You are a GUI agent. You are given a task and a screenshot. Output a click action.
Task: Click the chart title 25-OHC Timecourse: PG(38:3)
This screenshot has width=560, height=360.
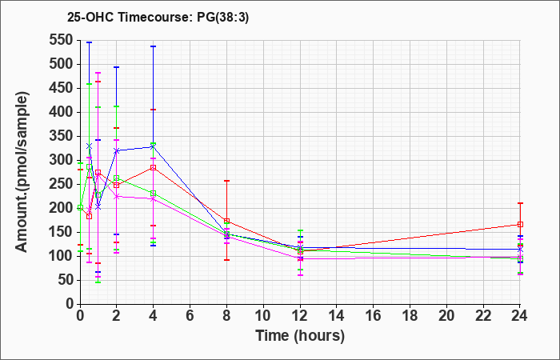point(158,17)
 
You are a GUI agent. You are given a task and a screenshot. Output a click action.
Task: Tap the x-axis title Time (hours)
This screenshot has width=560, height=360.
point(300,336)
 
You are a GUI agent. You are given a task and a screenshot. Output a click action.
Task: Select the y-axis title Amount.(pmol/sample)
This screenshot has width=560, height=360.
point(22,172)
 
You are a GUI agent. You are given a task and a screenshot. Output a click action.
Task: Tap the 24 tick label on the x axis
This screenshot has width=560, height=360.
point(520,316)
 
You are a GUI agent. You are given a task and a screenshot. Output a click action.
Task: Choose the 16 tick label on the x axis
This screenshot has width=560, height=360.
point(374,316)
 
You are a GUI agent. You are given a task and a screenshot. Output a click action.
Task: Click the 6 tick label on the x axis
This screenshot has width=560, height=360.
point(190,316)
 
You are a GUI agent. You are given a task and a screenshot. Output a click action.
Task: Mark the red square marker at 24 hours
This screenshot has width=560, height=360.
point(520,224)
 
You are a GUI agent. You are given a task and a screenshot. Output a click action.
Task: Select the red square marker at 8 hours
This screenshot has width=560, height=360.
point(226,221)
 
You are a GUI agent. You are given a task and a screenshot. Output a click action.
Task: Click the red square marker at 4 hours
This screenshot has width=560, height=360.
point(154,167)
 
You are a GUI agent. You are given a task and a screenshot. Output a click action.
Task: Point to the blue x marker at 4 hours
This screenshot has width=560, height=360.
point(154,146)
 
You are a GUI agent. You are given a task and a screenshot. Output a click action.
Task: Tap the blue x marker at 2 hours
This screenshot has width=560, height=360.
point(117,150)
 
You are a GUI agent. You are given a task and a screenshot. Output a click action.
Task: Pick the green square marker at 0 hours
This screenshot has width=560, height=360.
point(80,207)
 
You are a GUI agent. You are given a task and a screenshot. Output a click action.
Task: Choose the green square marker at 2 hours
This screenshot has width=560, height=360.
point(117,178)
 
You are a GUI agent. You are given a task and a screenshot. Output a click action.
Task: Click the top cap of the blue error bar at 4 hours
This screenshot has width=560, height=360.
point(154,46)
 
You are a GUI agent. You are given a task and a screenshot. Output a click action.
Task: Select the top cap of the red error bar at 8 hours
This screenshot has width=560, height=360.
point(226,181)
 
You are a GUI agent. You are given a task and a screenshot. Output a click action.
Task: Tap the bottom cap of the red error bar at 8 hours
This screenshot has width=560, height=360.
point(226,260)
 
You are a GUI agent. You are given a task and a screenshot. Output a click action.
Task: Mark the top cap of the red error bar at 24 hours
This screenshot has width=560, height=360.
point(520,203)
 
